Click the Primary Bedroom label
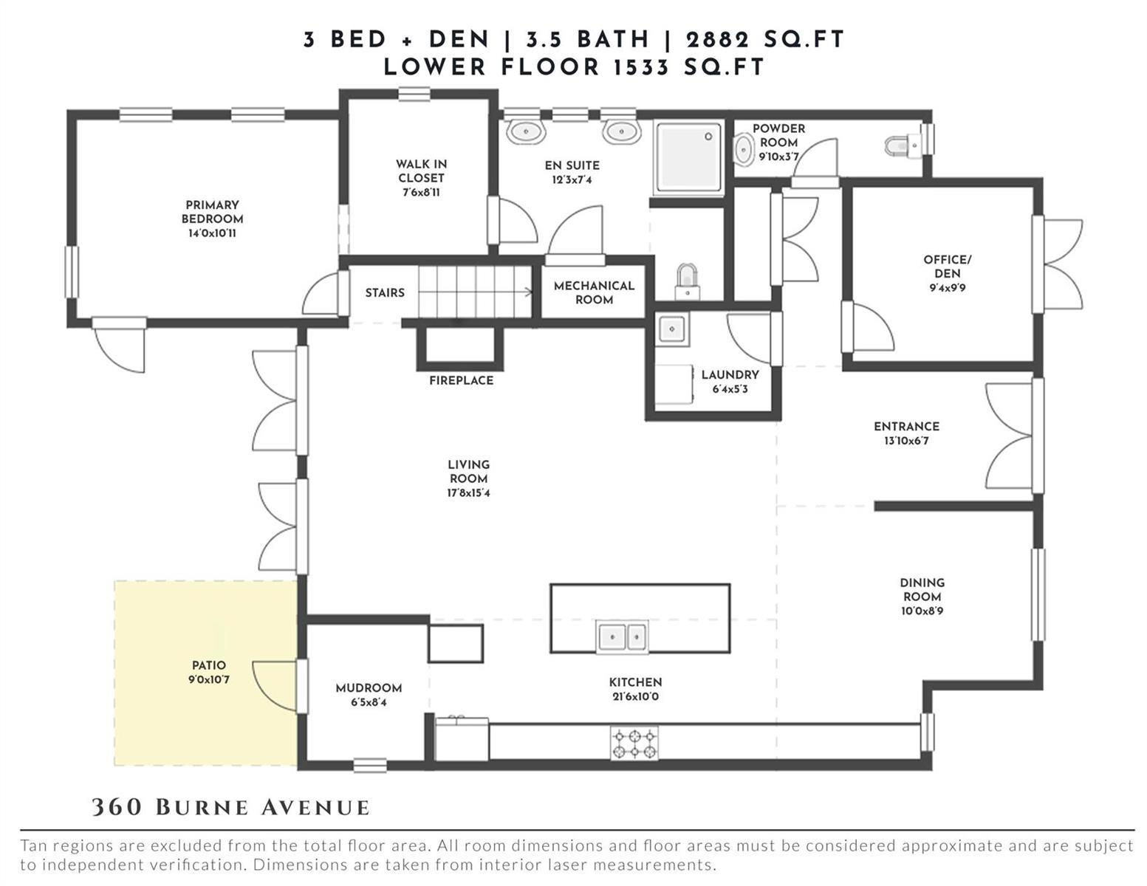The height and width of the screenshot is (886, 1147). coord(212,212)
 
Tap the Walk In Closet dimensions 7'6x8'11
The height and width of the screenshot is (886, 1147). coord(421,192)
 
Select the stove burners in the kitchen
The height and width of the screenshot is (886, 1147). coord(634,744)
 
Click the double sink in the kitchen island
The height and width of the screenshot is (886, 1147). coord(623,636)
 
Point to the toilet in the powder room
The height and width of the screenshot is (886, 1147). coord(903,145)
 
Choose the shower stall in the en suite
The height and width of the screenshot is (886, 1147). coord(688,158)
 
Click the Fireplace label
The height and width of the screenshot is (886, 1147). coord(461,380)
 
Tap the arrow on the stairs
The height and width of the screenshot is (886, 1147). coord(475,292)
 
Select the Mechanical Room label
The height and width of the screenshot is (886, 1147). coord(594,292)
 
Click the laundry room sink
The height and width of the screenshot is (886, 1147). coord(672,329)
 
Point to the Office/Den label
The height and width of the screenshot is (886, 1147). coord(948,267)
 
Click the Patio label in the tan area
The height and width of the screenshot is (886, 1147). coord(209,665)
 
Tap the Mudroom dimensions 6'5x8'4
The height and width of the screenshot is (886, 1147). coord(369,702)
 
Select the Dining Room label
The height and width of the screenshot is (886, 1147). coord(922,589)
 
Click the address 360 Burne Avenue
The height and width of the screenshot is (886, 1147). coord(230,808)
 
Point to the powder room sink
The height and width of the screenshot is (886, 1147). coord(744,150)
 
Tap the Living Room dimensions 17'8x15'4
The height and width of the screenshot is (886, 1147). coord(468,493)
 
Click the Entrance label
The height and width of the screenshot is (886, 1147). coord(906,426)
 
